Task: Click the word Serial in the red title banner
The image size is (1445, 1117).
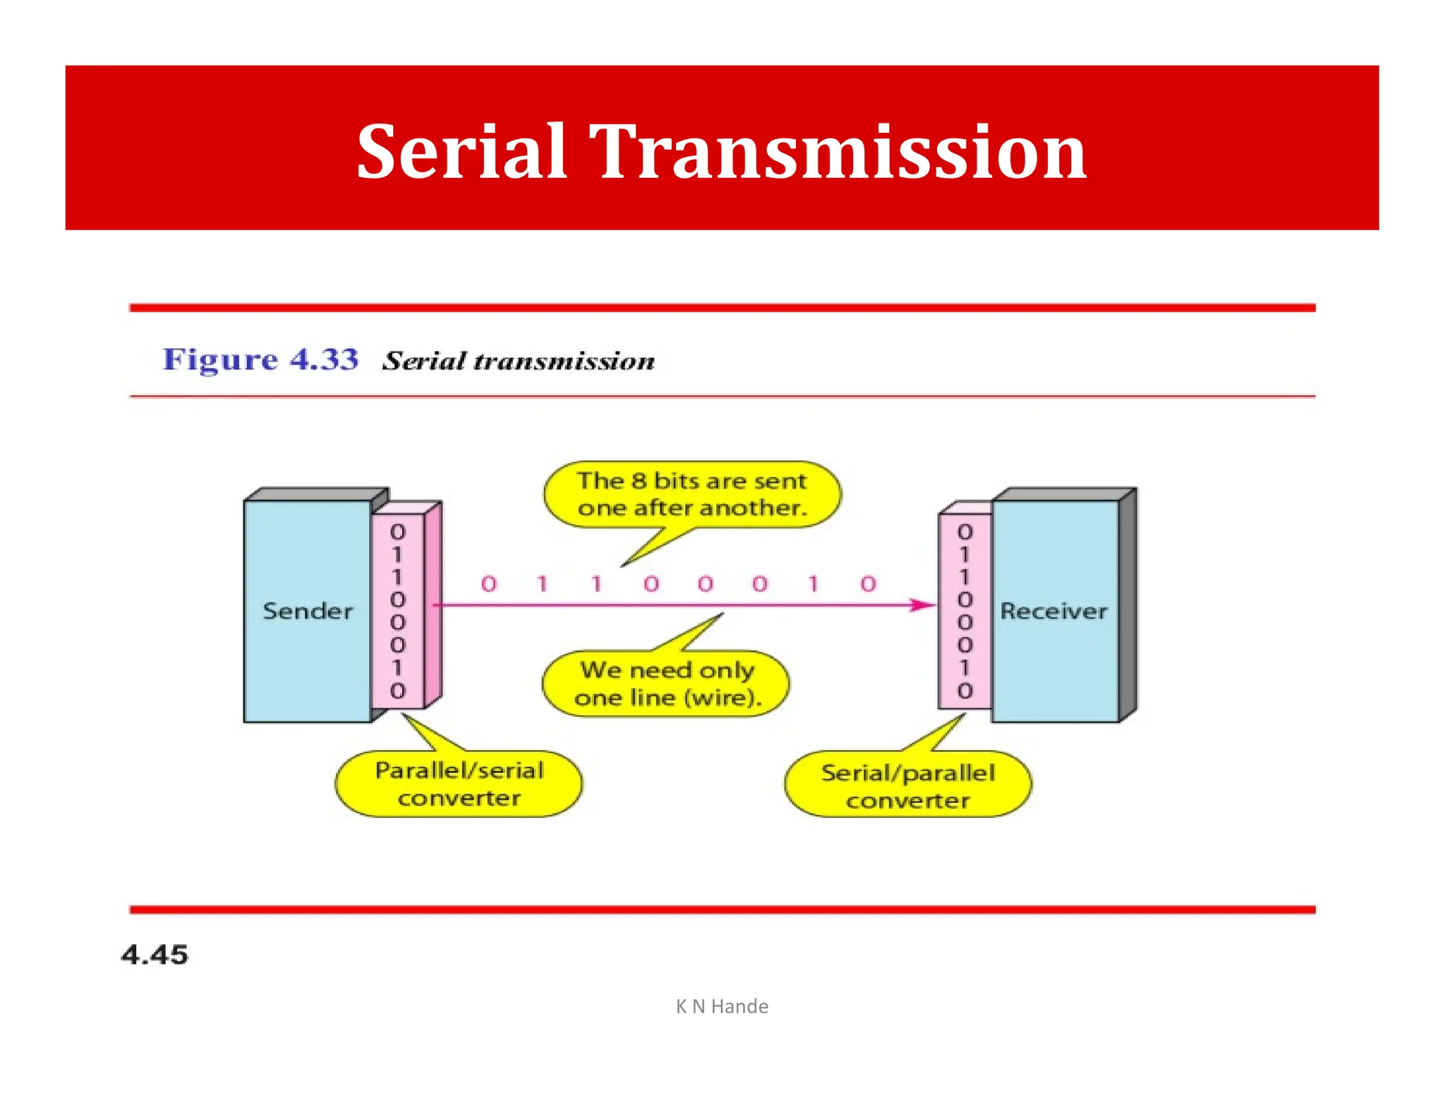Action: (461, 151)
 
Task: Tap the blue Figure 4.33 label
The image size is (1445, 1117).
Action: (260, 359)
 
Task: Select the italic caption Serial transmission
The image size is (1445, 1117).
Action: (519, 361)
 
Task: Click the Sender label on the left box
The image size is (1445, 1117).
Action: (308, 611)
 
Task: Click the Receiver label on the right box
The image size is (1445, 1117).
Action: (1053, 611)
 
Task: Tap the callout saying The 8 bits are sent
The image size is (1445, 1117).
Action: (691, 494)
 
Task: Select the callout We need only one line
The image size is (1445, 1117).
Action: (667, 683)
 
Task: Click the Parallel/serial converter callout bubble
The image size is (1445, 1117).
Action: (459, 784)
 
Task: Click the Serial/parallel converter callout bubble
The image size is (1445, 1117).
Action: (908, 785)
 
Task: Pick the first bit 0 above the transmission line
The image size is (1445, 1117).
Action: (489, 584)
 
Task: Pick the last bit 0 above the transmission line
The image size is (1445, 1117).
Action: (868, 584)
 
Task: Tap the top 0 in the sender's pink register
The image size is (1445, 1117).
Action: (398, 532)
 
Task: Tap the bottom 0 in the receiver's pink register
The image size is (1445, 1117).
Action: (965, 691)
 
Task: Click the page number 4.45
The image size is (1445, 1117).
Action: (155, 955)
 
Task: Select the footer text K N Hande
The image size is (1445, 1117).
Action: (722, 1006)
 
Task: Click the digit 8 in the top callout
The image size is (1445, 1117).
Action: (639, 481)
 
